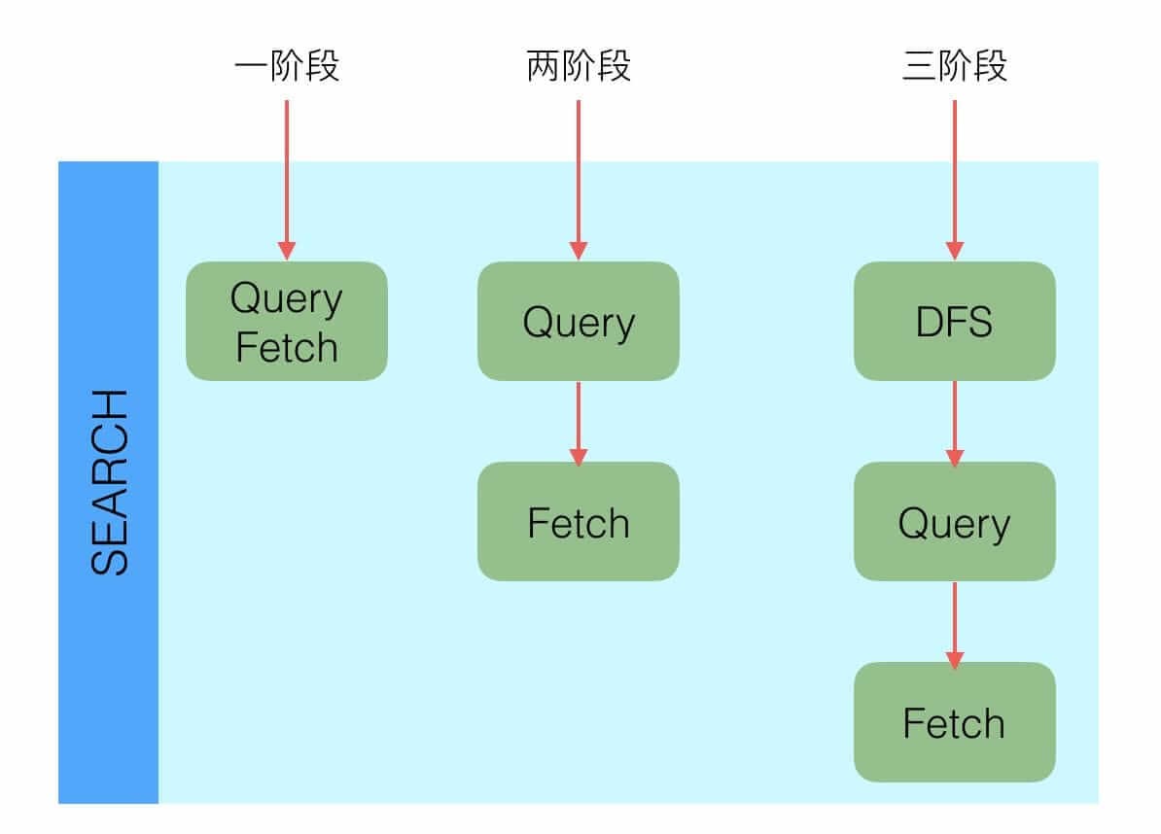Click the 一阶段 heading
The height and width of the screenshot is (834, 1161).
click(x=287, y=67)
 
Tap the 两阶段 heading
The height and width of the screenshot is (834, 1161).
click(x=579, y=67)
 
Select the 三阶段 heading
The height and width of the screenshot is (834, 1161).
click(x=955, y=67)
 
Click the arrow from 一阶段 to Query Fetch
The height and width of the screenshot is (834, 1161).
click(x=287, y=175)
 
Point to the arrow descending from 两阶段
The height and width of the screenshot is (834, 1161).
click(x=579, y=175)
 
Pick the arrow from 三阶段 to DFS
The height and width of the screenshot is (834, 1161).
click(x=955, y=175)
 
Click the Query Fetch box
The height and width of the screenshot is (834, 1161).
click(x=287, y=321)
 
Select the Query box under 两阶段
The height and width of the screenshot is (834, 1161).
click(x=579, y=321)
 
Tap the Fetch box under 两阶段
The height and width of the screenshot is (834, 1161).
click(x=579, y=522)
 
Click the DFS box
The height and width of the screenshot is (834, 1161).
click(x=955, y=321)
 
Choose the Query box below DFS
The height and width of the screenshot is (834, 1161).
click(x=955, y=522)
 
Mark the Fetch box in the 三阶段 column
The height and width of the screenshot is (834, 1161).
click(x=955, y=722)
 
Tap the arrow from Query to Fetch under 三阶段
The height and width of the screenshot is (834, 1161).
click(x=955, y=622)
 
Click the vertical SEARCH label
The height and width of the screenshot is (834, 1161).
click(x=109, y=483)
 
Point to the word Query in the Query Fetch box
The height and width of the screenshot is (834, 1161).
click(x=287, y=298)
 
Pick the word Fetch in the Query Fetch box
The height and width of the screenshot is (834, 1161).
click(x=287, y=347)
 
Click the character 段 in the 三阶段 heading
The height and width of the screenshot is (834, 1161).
click(x=990, y=67)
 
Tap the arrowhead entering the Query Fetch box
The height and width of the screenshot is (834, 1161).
click(x=287, y=250)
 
